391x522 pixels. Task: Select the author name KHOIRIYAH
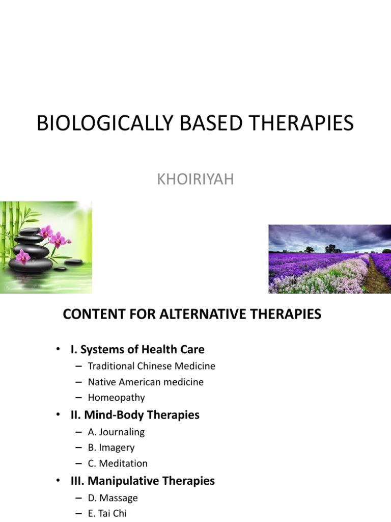[x=195, y=179]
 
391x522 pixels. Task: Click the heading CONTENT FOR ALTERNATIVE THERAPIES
[x=192, y=314]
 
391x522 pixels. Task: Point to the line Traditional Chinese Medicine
[x=151, y=366]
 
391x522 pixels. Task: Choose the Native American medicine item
[x=146, y=382]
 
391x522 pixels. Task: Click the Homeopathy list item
[x=116, y=398]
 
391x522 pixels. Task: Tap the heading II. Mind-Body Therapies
[x=135, y=415]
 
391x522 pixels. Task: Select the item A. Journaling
[x=116, y=432]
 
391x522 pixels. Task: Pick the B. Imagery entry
[x=111, y=448]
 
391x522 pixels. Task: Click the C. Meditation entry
[x=118, y=463]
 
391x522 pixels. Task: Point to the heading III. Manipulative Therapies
[x=143, y=481]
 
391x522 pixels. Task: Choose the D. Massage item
[x=113, y=498]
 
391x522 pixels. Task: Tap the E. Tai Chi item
[x=107, y=513]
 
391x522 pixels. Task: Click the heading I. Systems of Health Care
[x=137, y=349]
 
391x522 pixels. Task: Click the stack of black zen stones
[x=32, y=250]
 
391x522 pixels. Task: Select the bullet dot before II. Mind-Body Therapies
[x=59, y=415]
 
